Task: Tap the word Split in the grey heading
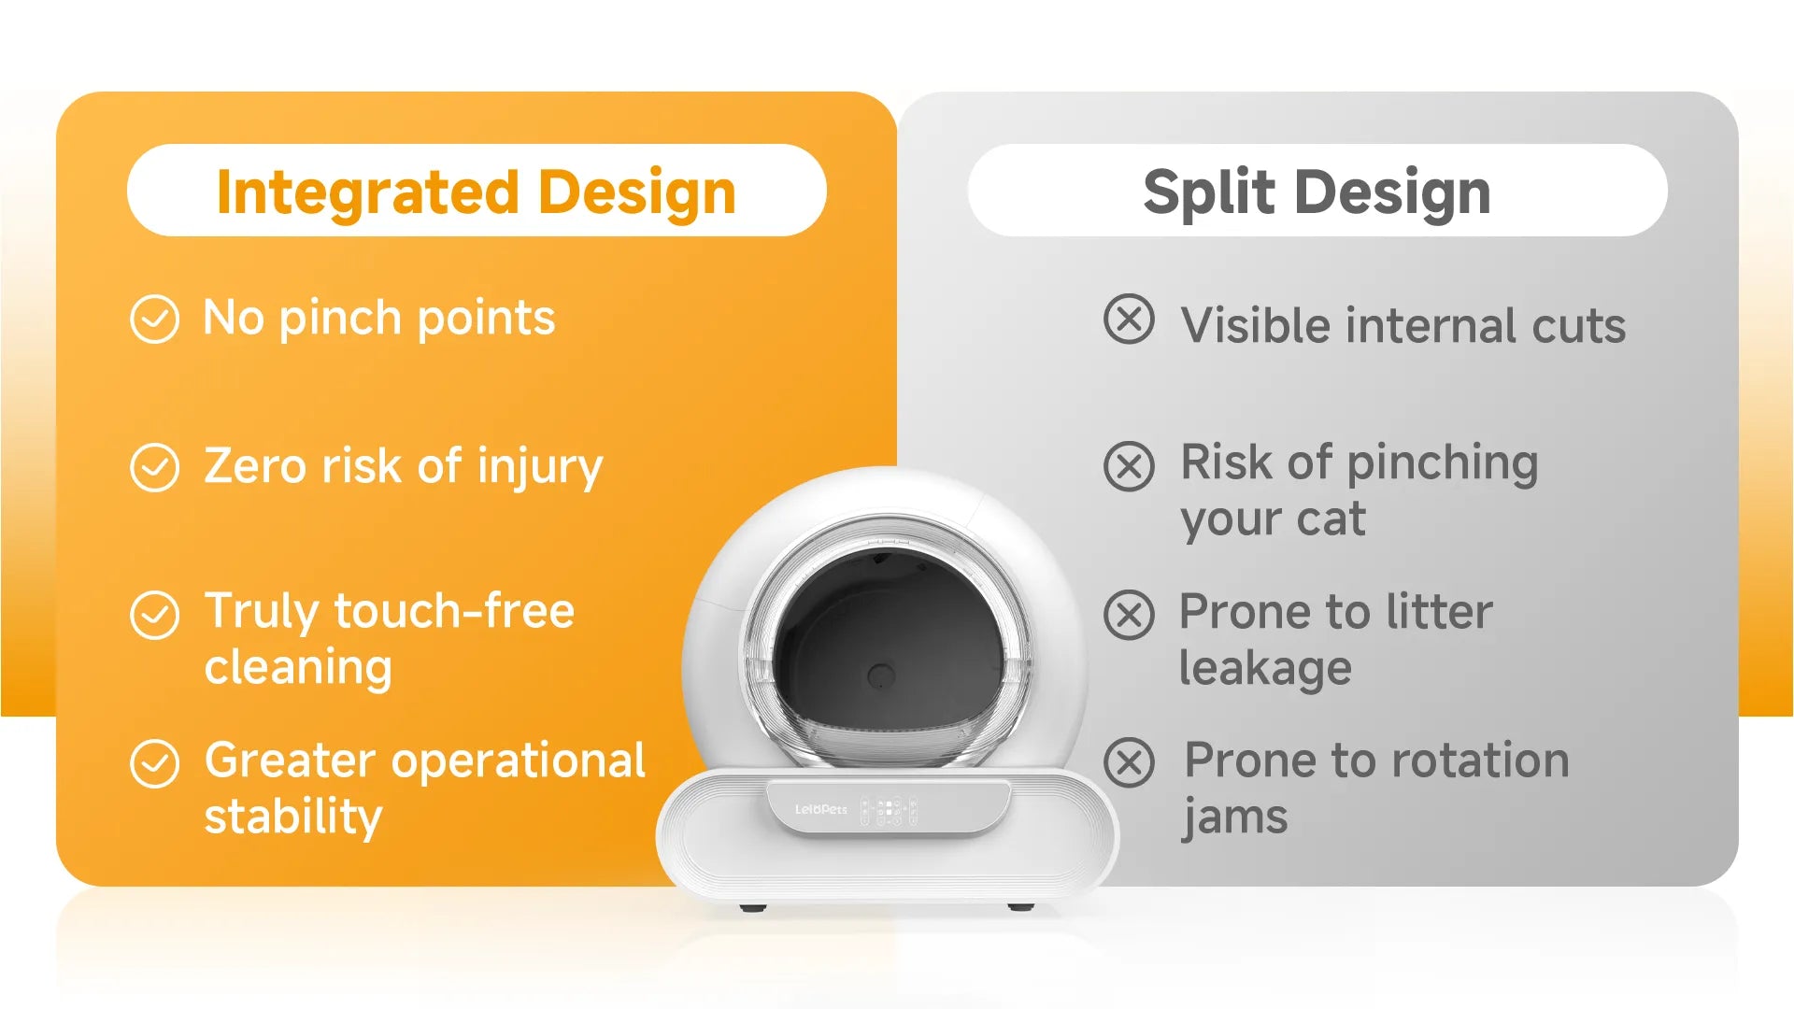point(1209,193)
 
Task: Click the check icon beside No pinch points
point(154,320)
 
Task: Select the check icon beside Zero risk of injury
point(154,467)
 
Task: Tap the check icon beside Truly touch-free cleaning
point(154,615)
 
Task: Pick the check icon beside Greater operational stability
point(154,764)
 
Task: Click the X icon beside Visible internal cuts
point(1129,320)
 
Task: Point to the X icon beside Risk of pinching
point(1129,466)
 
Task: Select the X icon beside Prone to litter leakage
point(1129,615)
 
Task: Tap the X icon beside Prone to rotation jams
point(1129,762)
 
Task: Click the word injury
point(540,467)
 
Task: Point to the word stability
point(293,817)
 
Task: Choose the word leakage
point(1265,669)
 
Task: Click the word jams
point(1235,817)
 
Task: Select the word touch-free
point(454,611)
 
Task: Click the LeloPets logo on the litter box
point(820,809)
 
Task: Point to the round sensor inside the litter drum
point(881,676)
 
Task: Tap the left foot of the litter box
point(753,906)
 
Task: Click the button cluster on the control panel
point(888,810)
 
